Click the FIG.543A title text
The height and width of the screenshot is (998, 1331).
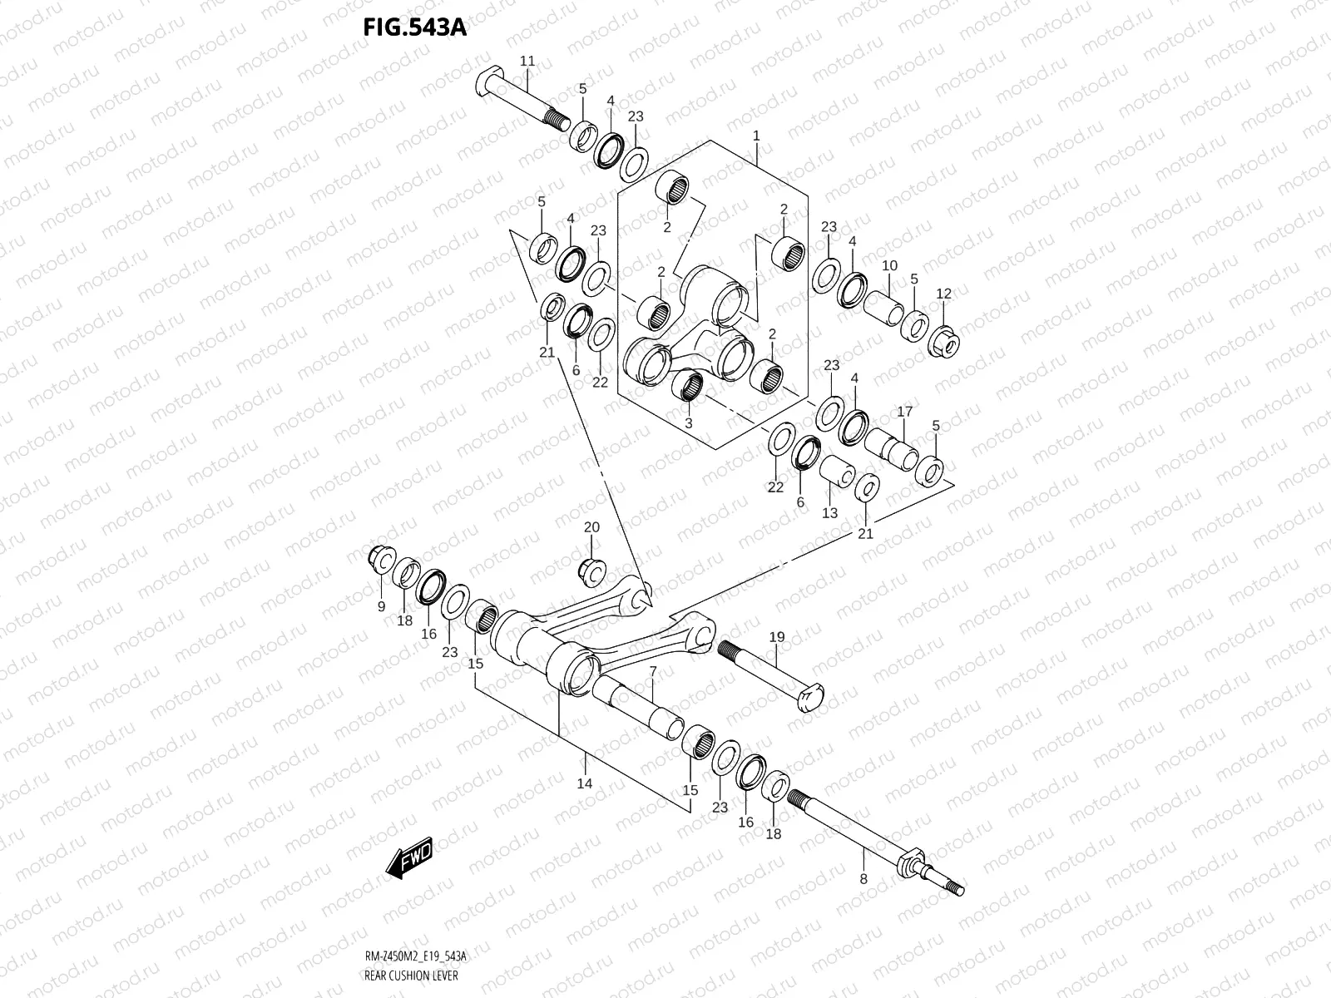(x=414, y=28)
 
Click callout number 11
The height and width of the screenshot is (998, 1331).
(x=527, y=62)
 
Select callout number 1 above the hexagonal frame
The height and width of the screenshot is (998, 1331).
(x=756, y=136)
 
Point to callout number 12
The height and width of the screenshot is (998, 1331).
(x=943, y=294)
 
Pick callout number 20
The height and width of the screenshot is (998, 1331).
(x=591, y=527)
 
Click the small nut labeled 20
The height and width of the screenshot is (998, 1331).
(x=591, y=571)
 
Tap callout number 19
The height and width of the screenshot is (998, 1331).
(x=777, y=637)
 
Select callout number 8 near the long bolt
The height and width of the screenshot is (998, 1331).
(x=863, y=879)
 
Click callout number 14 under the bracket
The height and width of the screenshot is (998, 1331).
(x=584, y=783)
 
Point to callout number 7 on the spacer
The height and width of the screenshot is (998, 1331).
(x=653, y=671)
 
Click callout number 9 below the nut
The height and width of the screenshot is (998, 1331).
(x=381, y=607)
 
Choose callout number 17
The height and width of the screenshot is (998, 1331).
(x=904, y=412)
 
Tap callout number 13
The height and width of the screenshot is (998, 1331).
(x=829, y=513)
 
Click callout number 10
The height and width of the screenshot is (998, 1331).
(x=889, y=265)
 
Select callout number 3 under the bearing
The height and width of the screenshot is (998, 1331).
(x=688, y=422)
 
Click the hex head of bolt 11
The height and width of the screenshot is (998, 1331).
(x=490, y=83)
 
